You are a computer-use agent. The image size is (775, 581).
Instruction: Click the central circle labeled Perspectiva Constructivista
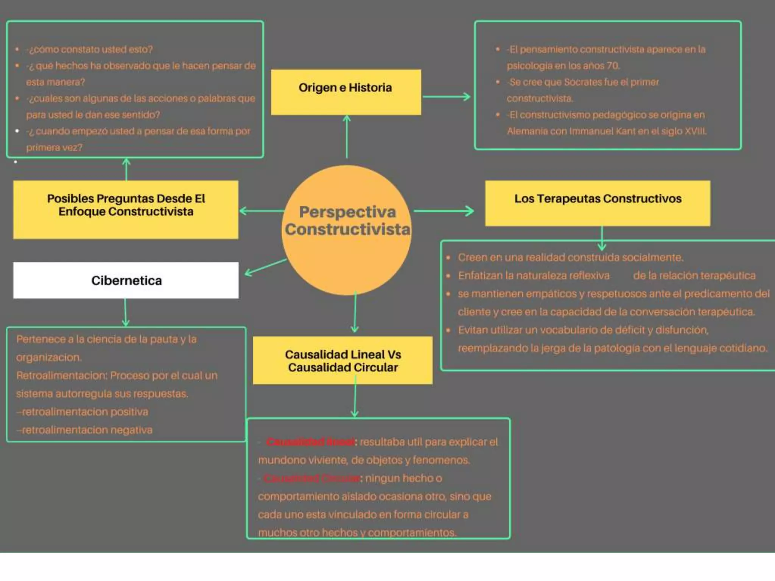347,230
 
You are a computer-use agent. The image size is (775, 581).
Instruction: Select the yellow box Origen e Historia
346,92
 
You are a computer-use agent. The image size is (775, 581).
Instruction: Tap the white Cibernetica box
126,280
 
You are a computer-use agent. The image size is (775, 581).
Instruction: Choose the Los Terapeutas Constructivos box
598,203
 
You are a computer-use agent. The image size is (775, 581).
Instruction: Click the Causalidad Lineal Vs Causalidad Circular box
342,360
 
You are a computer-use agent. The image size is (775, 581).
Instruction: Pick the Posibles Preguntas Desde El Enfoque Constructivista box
126,209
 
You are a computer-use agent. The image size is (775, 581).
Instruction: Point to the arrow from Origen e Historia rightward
447,97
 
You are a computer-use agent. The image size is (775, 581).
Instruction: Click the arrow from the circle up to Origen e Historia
347,136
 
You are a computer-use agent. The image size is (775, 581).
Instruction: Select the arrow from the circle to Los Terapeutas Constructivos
444,211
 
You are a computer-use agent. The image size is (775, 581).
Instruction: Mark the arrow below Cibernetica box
126,312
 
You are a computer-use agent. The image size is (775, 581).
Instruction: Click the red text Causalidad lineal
310,442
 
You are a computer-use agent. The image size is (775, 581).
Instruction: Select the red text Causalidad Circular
312,478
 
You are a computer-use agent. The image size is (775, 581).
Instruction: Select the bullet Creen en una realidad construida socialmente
570,258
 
